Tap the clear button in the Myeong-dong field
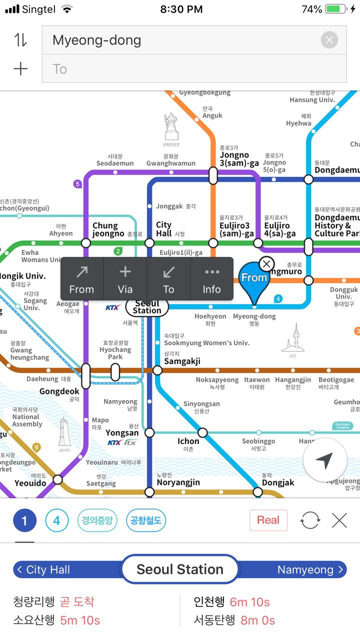pyautogui.click(x=329, y=40)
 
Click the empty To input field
pyautogui.click(x=194, y=68)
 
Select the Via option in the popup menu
pyautogui.click(x=125, y=279)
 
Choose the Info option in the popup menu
pyautogui.click(x=211, y=279)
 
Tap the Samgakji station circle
pyautogui.click(x=157, y=370)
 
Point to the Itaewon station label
pyautogui.click(x=257, y=383)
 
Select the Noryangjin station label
pyautogui.click(x=178, y=482)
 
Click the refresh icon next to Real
pyautogui.click(x=309, y=521)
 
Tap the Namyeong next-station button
pyautogui.click(x=310, y=569)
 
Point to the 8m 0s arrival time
pyautogui.click(x=257, y=620)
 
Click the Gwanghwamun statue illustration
pyautogui.click(x=171, y=127)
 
